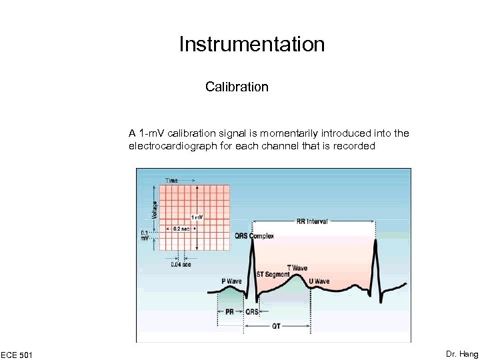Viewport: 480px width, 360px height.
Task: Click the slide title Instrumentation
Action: (251, 45)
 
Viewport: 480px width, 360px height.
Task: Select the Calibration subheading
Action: (237, 87)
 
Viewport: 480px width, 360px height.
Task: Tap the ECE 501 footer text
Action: (17, 354)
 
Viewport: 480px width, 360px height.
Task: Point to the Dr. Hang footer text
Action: (462, 354)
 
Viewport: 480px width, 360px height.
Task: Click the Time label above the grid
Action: (172, 180)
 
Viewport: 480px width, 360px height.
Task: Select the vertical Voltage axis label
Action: (155, 209)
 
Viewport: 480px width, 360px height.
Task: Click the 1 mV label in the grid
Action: (197, 217)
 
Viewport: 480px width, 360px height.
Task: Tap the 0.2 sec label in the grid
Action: (181, 228)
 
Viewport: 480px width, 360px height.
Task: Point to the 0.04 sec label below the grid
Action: (180, 265)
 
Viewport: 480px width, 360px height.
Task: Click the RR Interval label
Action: (312, 221)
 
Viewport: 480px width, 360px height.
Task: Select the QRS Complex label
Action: (254, 236)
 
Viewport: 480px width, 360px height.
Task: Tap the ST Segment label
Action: (273, 275)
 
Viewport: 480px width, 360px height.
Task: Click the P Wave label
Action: (231, 281)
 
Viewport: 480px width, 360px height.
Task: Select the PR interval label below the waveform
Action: (229, 311)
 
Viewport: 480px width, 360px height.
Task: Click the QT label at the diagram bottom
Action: (276, 326)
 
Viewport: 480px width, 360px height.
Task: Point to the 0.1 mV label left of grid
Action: (144, 234)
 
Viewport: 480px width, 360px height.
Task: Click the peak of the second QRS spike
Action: (377, 240)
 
